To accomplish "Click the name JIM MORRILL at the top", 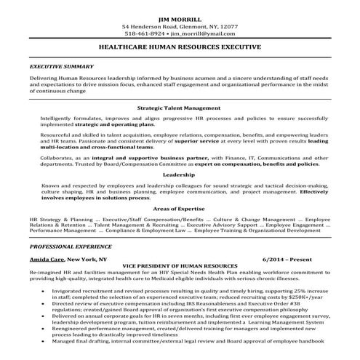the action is [180, 16].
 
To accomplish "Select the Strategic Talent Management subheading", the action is [180, 106].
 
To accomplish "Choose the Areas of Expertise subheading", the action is [180, 209].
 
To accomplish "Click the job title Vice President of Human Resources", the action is [180, 266].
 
